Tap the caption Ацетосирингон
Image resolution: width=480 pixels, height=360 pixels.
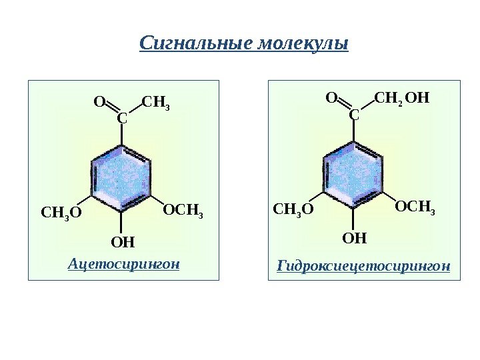pyautogui.click(x=124, y=264)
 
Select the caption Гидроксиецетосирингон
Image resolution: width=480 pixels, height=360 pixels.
pyautogui.click(x=363, y=267)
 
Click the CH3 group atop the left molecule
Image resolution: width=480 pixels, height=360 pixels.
pyautogui.click(x=156, y=103)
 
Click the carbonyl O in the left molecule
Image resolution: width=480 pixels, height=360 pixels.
pyautogui.click(x=99, y=102)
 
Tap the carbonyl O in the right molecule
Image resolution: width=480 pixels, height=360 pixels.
pyautogui.click(x=331, y=99)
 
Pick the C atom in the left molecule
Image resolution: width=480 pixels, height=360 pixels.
pyautogui.click(x=121, y=118)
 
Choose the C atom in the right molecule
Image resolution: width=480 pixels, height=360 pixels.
pyautogui.click(x=353, y=115)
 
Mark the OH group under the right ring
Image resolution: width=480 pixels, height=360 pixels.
pyautogui.click(x=355, y=237)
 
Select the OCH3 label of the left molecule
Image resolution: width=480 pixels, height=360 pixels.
pyautogui.click(x=182, y=212)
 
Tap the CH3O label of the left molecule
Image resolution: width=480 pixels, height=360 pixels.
pyautogui.click(x=61, y=213)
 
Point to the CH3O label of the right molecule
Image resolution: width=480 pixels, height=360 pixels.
pyautogui.click(x=293, y=211)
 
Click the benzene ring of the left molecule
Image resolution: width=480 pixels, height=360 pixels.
pyautogui.click(x=121, y=176)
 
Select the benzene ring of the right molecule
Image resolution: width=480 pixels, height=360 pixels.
pyautogui.click(x=353, y=174)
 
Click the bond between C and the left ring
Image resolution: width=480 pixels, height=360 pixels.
pyautogui.click(x=121, y=135)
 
